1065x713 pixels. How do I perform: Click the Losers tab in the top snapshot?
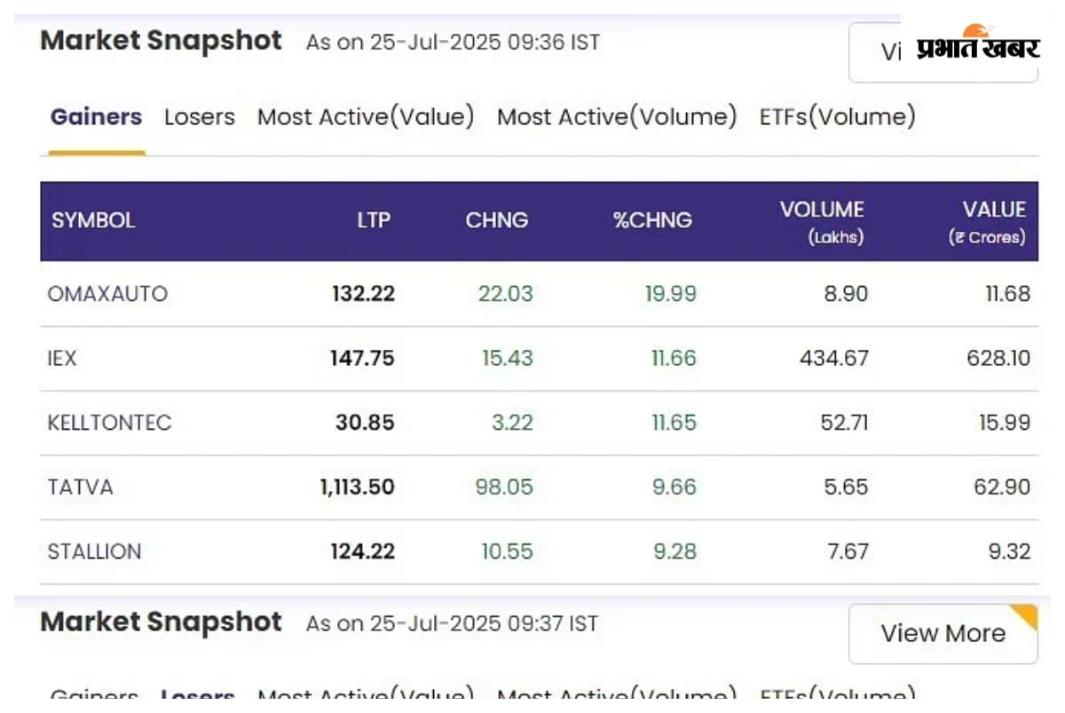(200, 117)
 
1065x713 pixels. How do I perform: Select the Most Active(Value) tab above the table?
(366, 117)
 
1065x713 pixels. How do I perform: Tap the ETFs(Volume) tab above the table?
(837, 117)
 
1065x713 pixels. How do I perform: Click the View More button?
(943, 633)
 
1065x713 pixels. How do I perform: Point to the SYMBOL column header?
(93, 221)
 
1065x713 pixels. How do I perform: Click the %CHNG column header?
(652, 221)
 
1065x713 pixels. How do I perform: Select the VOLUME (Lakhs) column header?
(822, 221)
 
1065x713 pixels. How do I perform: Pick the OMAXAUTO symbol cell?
(107, 294)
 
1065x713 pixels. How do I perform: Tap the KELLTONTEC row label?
(109, 423)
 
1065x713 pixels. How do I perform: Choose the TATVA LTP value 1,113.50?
(357, 487)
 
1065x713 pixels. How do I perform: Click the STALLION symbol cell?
(94, 551)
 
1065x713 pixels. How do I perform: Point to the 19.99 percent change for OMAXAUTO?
(670, 294)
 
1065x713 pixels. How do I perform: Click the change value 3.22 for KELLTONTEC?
(512, 423)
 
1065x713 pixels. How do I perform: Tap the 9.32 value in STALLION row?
(1008, 551)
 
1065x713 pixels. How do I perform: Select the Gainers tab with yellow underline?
(96, 117)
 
